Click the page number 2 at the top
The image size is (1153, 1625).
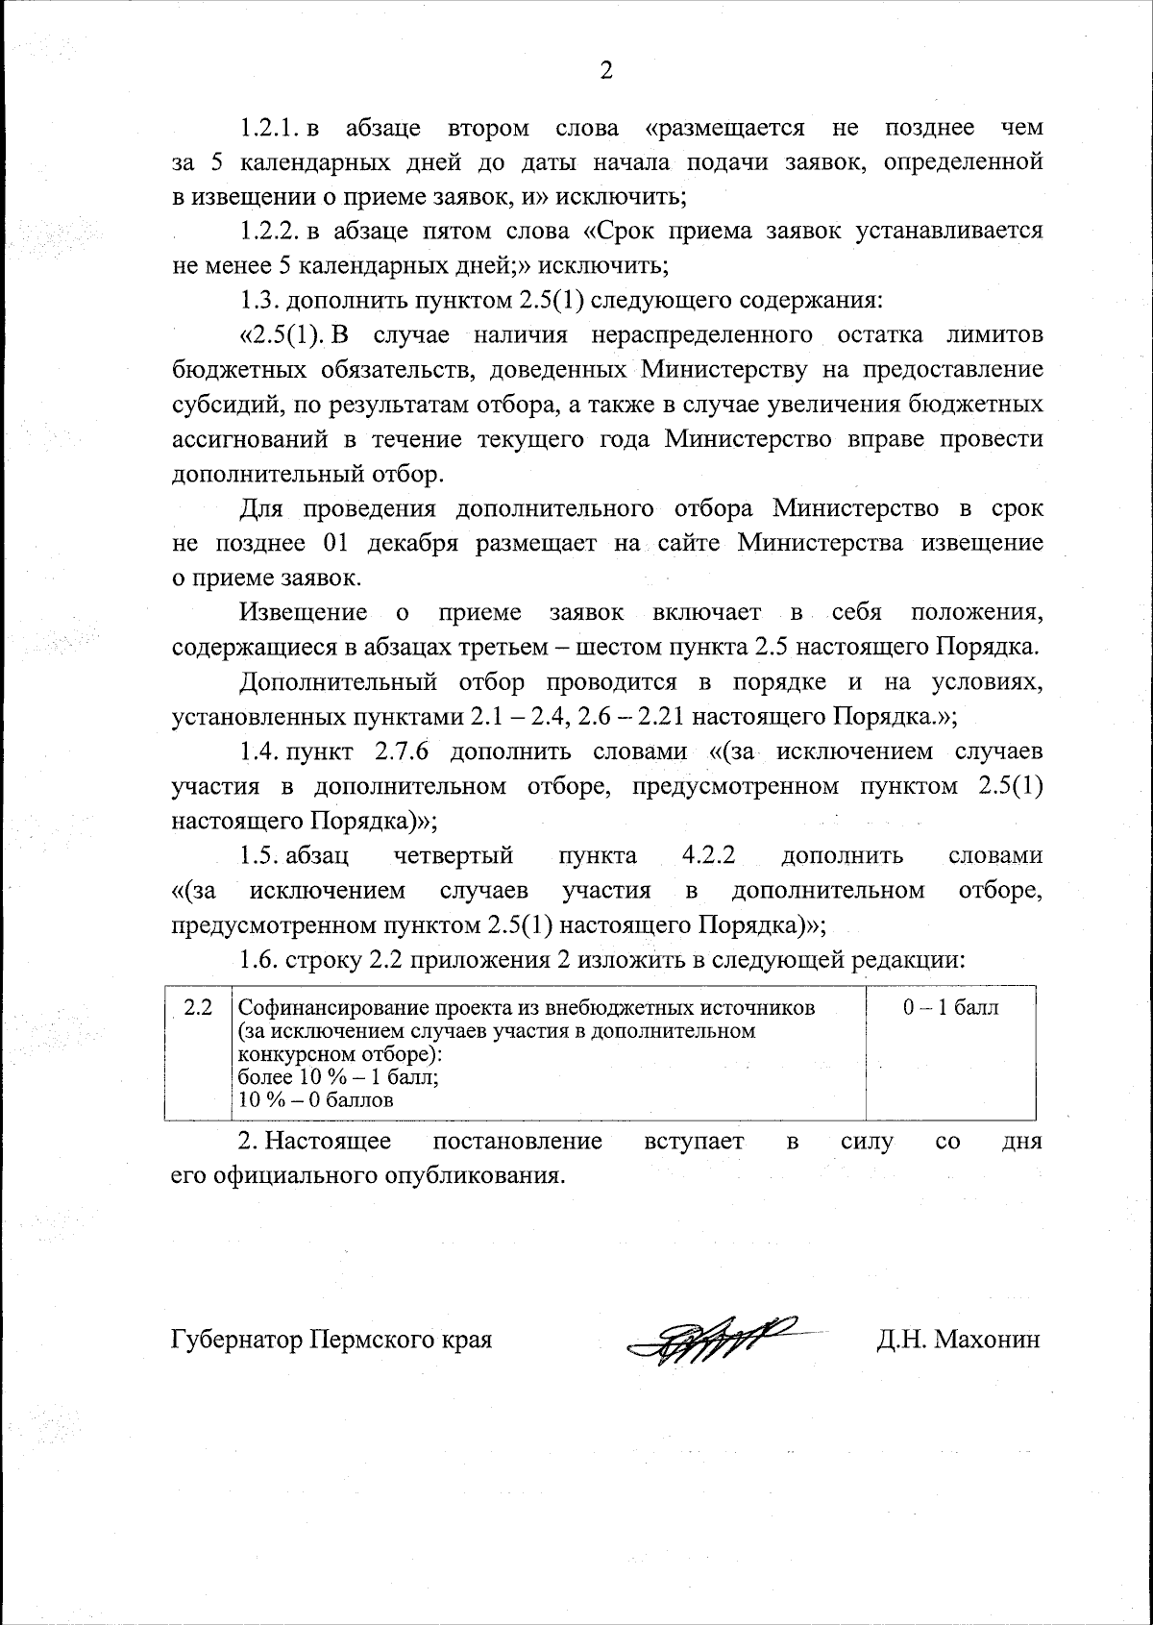[605, 70]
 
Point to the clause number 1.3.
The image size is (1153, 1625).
[258, 301]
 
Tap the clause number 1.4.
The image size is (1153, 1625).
[258, 751]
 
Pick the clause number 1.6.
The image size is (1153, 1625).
[258, 959]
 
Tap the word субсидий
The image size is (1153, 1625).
[229, 406]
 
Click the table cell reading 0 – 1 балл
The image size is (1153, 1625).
[950, 1008]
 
